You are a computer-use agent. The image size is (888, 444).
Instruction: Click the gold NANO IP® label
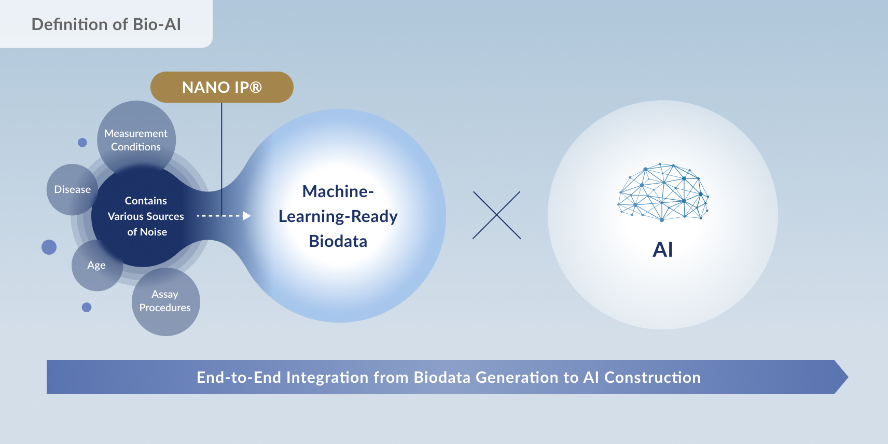(x=221, y=87)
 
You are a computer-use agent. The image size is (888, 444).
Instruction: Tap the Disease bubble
(x=72, y=189)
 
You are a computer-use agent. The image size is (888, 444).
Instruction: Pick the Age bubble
(x=96, y=265)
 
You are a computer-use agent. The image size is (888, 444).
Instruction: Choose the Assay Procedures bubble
(x=165, y=301)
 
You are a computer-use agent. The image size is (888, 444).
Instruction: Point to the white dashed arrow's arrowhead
(x=247, y=215)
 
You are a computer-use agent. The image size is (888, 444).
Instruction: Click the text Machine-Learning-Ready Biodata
(x=338, y=216)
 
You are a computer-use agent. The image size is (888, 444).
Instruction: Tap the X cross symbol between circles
(x=496, y=215)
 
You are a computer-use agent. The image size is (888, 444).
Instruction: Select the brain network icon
(x=663, y=192)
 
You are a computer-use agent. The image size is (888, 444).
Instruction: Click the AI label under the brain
(x=663, y=250)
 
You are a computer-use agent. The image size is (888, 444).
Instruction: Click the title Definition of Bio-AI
(x=106, y=24)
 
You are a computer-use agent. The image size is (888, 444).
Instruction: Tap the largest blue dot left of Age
(x=49, y=247)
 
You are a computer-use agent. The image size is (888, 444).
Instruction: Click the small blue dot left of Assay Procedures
(x=87, y=308)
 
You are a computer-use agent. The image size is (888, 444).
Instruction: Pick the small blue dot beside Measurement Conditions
(x=82, y=142)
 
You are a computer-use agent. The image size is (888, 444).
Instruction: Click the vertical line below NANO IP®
(x=221, y=150)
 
